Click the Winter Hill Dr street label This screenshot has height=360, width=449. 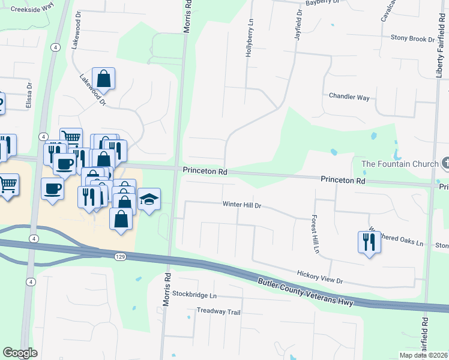[x=243, y=205]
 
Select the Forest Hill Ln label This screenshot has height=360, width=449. [x=314, y=233]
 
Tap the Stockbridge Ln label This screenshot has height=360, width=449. [x=194, y=295]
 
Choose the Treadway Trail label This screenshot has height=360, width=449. [x=218, y=311]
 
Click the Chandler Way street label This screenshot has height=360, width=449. [x=349, y=97]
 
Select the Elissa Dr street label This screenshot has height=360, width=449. [x=28, y=95]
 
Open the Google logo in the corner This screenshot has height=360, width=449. [x=20, y=353]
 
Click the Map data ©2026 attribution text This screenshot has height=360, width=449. [x=424, y=355]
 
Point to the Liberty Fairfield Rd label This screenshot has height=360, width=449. [x=440, y=42]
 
